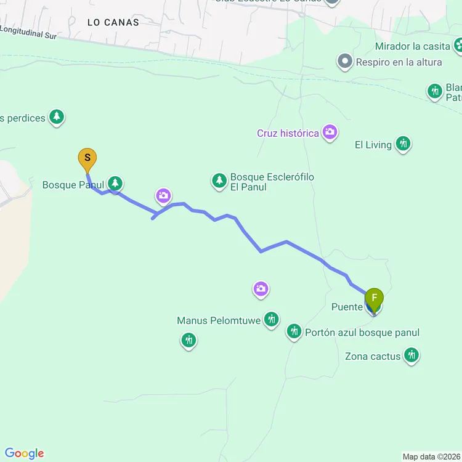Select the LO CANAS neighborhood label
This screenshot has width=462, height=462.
coord(113,22)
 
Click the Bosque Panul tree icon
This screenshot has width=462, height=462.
coord(115,183)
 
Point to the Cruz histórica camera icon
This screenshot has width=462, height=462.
coord(330,132)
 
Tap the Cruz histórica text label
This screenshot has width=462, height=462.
coord(288,133)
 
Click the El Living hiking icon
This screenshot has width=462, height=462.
coord(403,144)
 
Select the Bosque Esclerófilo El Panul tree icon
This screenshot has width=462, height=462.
coord(219,180)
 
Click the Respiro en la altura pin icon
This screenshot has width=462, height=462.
coord(344,62)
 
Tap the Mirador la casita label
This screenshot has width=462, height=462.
coord(413,46)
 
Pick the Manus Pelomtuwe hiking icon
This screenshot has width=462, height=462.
coord(271,319)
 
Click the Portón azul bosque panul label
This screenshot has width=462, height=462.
coord(362,333)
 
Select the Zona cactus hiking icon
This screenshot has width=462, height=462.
coord(411,355)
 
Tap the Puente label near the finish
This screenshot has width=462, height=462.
coord(346,307)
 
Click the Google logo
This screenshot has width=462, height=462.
coord(24,453)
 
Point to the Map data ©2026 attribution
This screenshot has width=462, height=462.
coord(431,456)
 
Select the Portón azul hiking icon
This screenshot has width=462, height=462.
coord(294,332)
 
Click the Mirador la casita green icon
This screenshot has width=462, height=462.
coord(458,45)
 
